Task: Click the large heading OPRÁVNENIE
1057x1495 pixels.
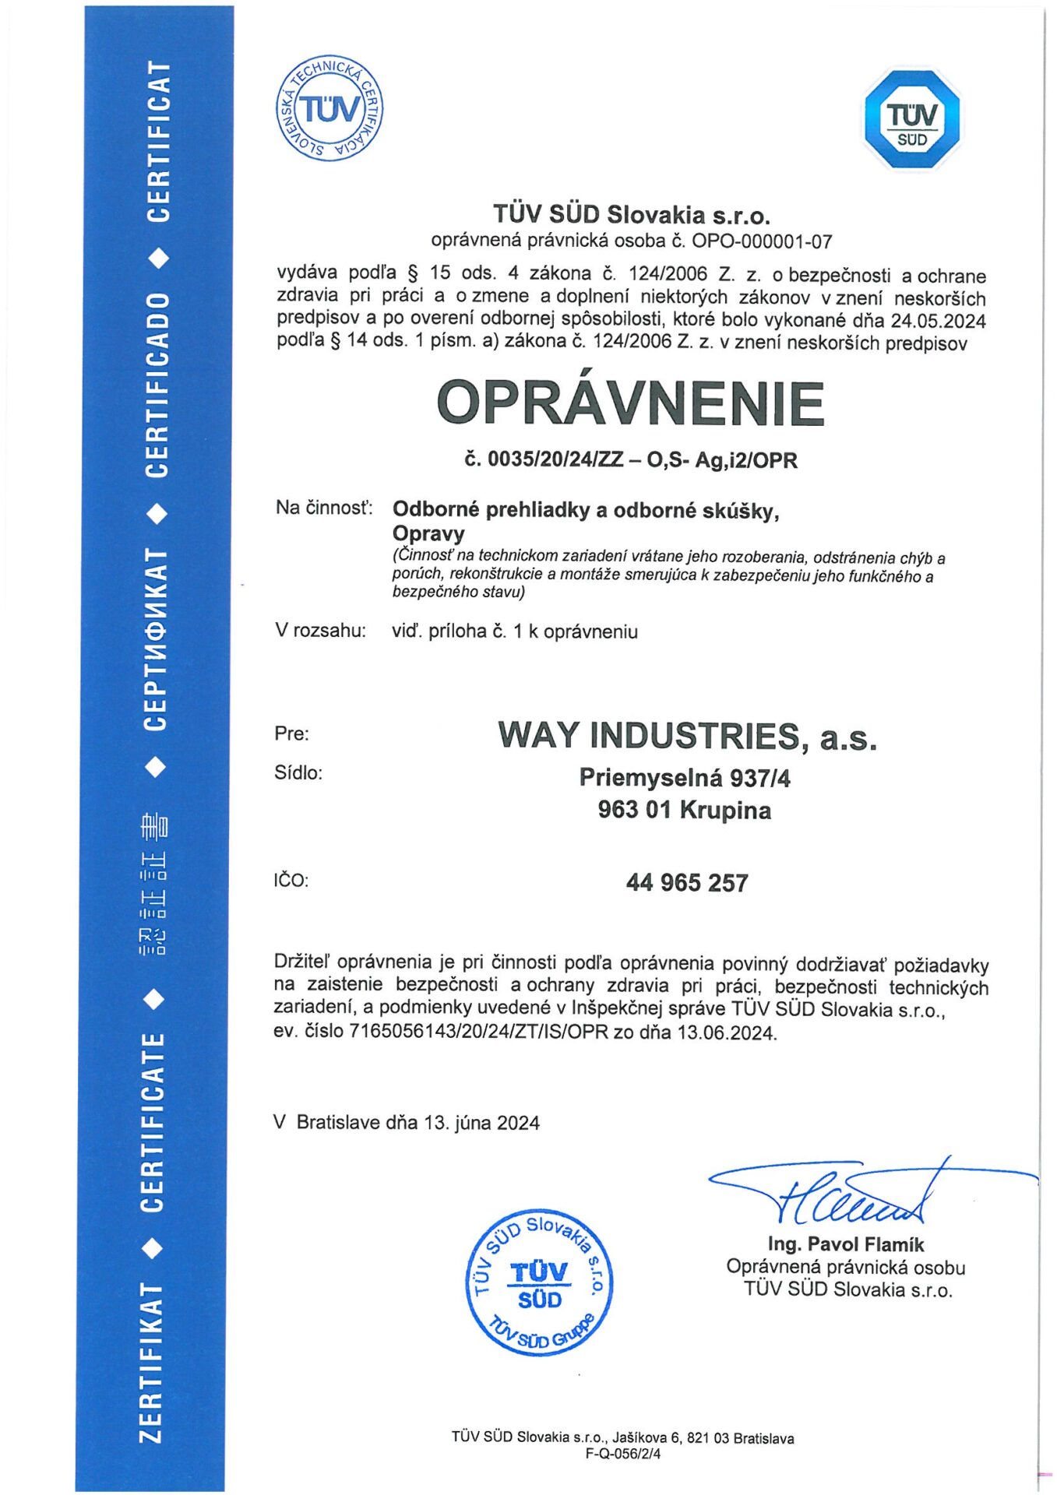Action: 630,403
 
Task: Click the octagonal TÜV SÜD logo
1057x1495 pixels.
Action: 912,119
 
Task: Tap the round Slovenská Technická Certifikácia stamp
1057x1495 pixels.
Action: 329,108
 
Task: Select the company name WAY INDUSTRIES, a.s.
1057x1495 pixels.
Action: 687,736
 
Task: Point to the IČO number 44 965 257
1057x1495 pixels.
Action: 687,883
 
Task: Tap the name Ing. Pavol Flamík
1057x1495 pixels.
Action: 846,1244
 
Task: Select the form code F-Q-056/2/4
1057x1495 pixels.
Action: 623,1454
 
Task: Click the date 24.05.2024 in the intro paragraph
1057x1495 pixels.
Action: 938,321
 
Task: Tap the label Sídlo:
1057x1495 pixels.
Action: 298,773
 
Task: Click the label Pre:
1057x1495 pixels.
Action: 292,733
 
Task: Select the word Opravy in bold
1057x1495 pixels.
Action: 428,534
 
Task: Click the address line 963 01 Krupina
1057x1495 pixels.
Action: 685,811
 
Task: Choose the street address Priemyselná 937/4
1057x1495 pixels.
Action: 685,778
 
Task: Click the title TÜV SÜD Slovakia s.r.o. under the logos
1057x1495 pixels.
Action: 631,215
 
